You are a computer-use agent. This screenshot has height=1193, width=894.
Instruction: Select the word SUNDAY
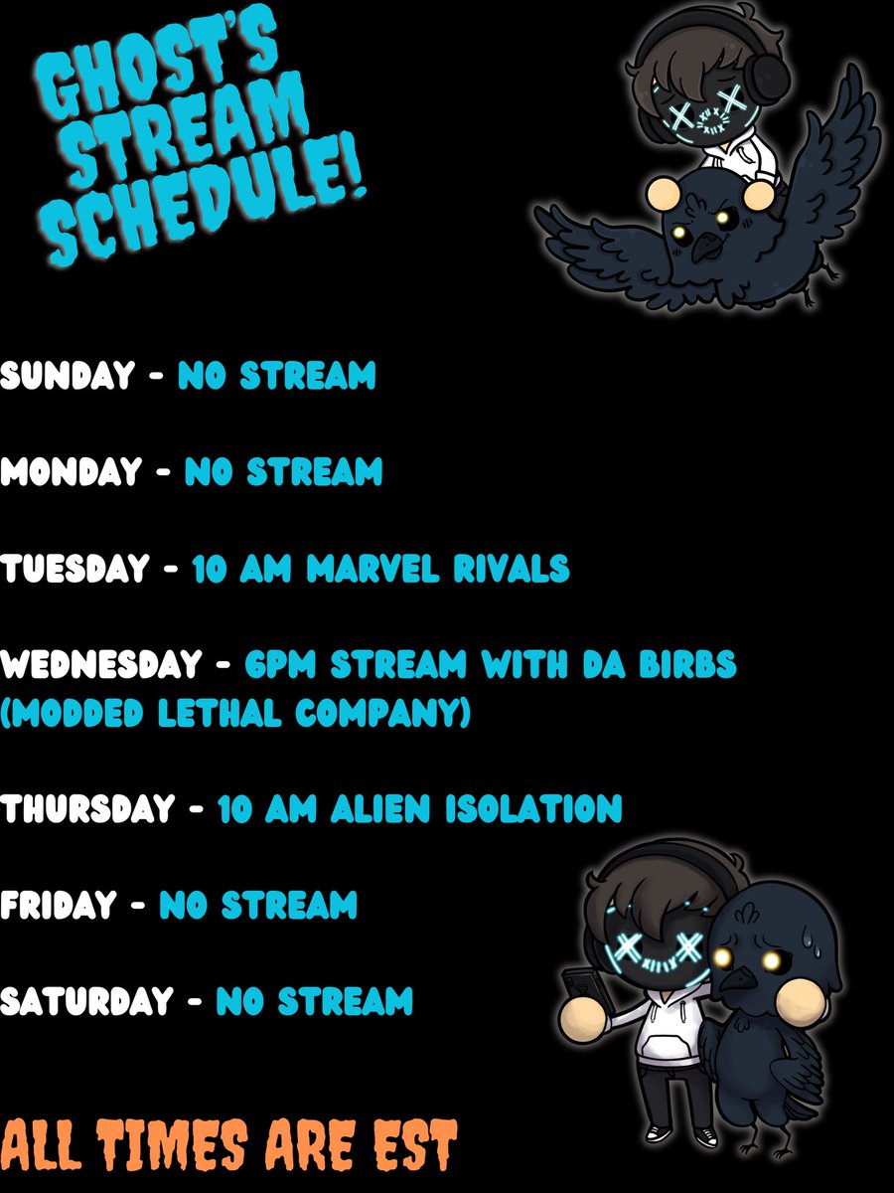[x=68, y=376]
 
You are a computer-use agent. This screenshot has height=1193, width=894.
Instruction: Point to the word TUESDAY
[x=75, y=569]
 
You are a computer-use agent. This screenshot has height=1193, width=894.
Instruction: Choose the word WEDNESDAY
[x=104, y=665]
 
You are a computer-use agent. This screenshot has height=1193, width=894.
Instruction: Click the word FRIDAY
[x=59, y=906]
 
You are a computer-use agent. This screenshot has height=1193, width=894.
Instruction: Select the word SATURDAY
[x=87, y=1001]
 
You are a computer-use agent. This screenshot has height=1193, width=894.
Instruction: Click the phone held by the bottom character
[x=579, y=990]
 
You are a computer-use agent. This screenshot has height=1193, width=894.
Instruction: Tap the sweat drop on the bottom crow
[x=804, y=928]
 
